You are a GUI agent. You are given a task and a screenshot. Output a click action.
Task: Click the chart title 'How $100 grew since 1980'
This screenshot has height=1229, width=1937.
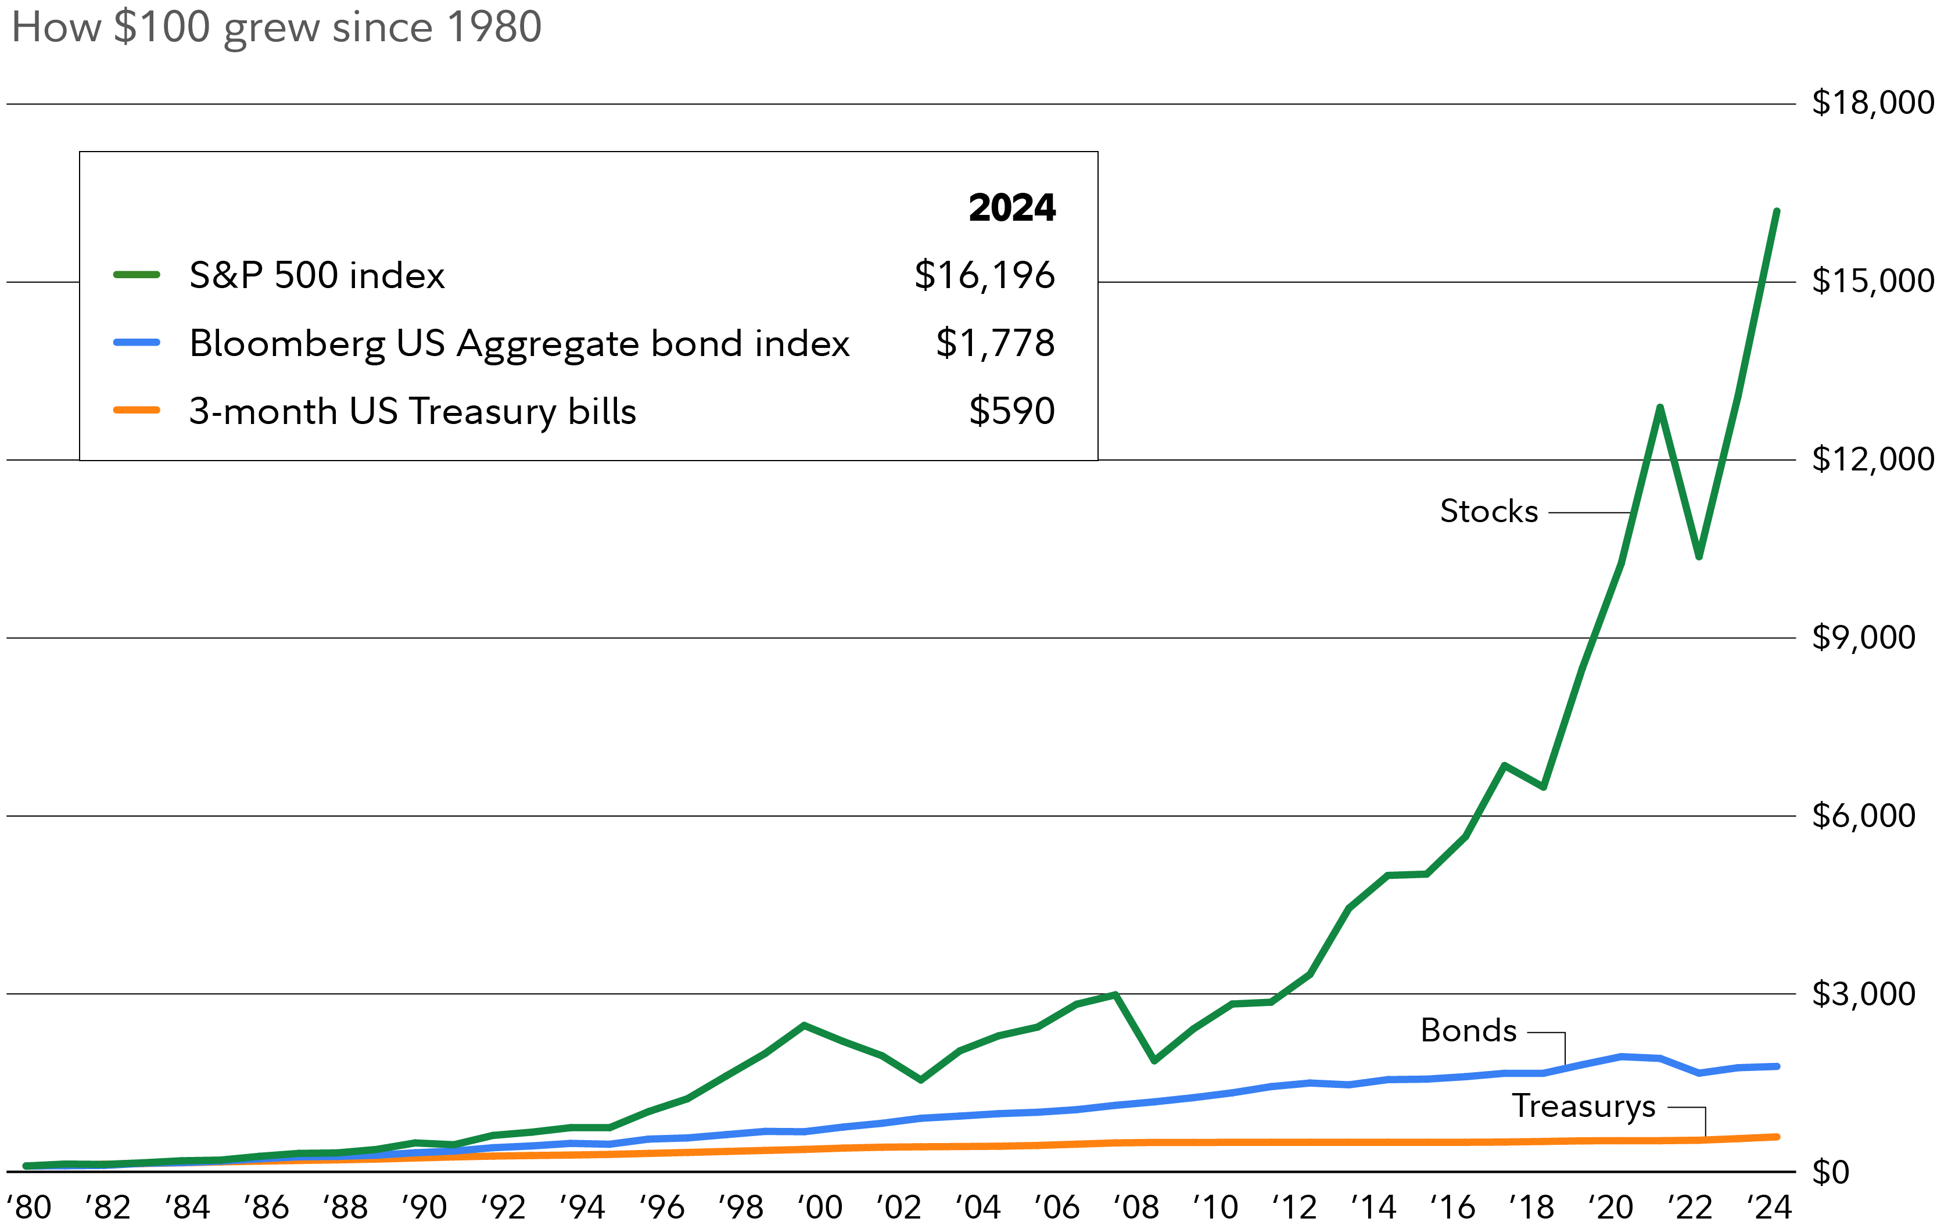[276, 27]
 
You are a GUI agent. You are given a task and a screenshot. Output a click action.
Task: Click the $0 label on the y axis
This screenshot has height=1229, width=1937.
[1830, 1173]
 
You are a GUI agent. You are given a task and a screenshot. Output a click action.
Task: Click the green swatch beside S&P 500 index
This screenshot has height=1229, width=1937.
[137, 275]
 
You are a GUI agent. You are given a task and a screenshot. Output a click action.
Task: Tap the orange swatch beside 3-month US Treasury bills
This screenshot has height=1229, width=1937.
[137, 410]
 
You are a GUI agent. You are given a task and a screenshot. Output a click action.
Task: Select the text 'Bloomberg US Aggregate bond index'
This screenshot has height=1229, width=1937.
[519, 343]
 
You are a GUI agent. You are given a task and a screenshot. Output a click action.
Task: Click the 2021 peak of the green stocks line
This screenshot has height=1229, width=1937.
[1659, 408]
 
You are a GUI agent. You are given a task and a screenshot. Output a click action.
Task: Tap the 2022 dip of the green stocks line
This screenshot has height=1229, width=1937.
[1699, 556]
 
